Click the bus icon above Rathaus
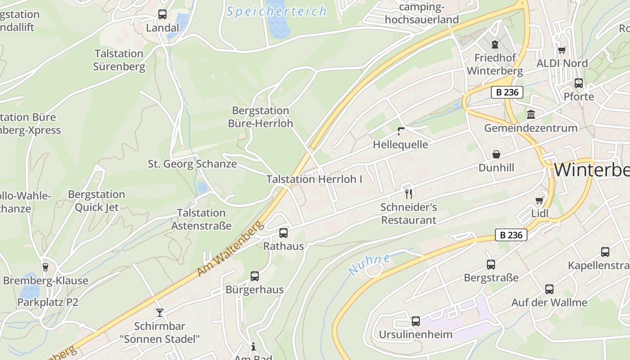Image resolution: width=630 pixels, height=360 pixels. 283,233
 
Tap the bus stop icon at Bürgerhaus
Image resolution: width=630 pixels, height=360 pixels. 255,276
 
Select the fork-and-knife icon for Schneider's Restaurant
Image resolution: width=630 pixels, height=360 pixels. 409,194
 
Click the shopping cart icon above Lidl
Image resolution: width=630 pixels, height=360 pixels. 539,200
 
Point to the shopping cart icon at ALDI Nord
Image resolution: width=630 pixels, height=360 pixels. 562,50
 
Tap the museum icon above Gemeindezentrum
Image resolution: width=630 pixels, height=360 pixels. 531,115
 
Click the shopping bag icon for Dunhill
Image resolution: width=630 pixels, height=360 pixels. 496,154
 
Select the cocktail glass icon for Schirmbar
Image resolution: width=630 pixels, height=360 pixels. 160,312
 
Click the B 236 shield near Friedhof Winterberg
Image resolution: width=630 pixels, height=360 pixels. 507,92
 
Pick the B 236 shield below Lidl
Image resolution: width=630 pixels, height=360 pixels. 511,235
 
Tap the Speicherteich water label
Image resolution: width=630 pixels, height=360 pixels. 276,11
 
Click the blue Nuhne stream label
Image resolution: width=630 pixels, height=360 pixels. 369,265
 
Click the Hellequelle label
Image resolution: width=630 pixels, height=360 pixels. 400,144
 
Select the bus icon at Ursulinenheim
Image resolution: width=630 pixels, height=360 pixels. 416,321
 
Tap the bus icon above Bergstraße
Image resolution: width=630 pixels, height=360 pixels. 491,265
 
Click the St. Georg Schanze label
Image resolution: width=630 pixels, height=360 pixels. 192,164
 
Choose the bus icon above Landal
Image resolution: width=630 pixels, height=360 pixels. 162,14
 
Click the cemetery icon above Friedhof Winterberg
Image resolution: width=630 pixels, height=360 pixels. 495,45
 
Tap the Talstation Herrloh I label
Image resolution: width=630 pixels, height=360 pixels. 314,179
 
